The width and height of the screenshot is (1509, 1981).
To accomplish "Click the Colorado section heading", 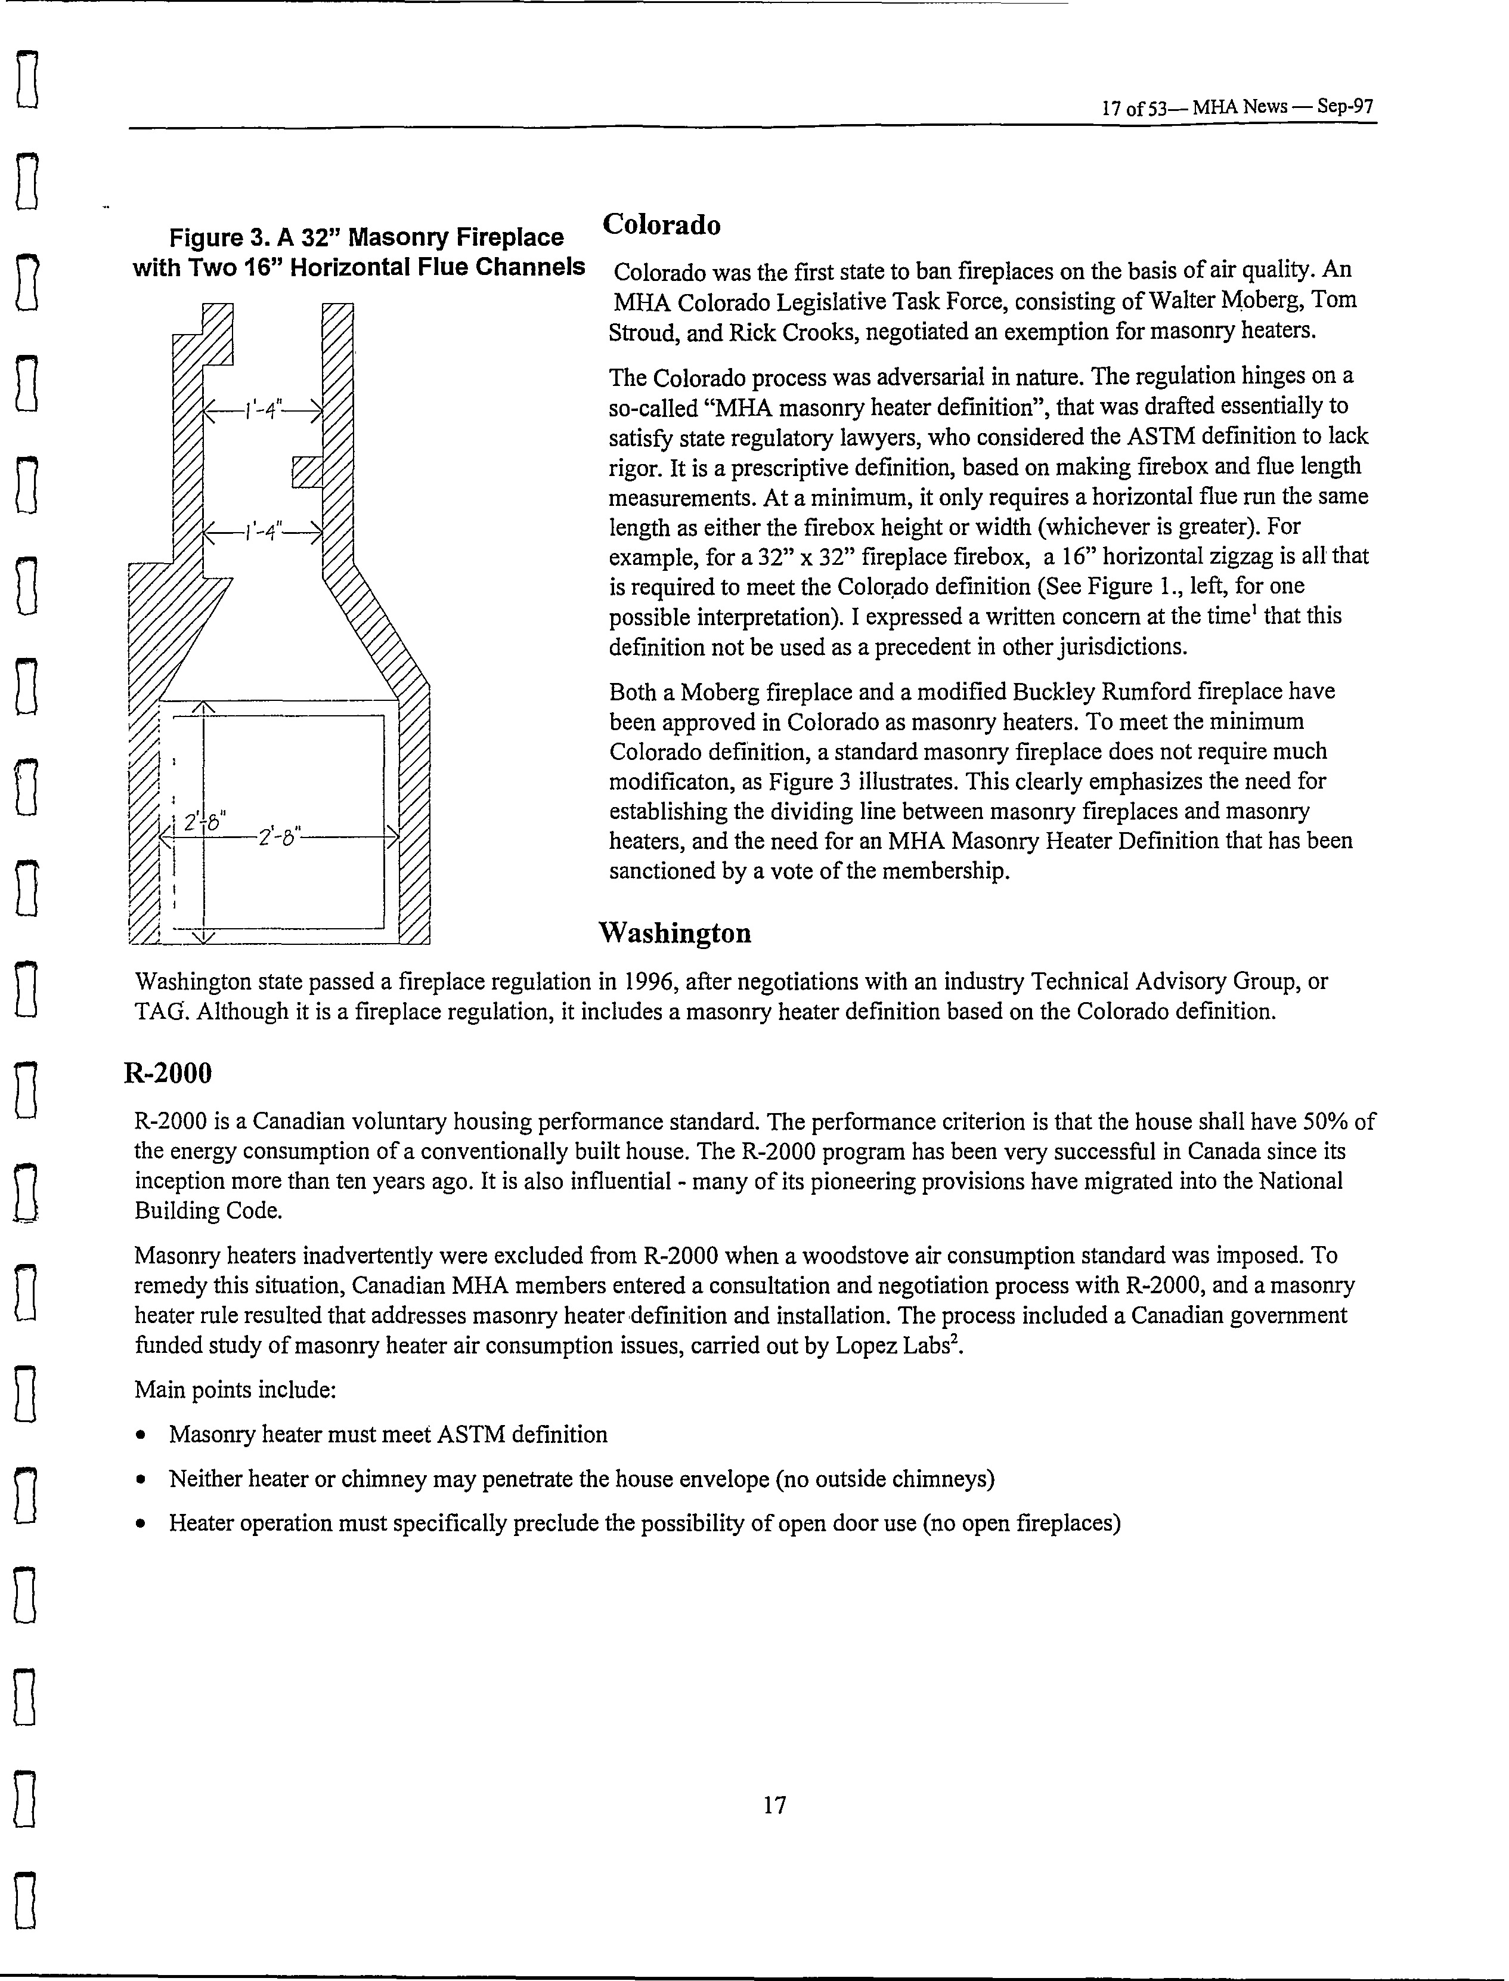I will coord(661,225).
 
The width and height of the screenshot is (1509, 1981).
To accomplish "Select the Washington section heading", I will coord(674,934).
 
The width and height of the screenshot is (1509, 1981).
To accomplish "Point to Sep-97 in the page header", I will coord(1346,107).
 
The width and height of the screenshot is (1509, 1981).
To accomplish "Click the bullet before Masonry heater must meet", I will coord(141,1435).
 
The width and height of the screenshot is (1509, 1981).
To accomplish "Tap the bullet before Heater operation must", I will coord(141,1523).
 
